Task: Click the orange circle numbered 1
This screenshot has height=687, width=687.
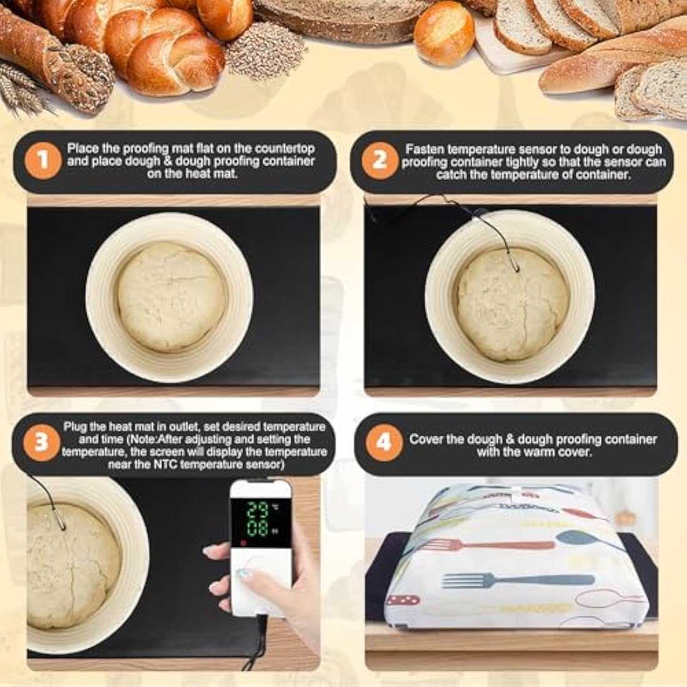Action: coord(42,161)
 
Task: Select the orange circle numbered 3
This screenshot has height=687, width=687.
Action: coord(42,442)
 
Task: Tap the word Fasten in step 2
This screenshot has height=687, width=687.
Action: coord(425,150)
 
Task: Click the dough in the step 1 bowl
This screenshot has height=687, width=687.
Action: coord(171,297)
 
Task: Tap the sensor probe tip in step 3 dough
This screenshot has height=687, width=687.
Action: coord(62,526)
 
